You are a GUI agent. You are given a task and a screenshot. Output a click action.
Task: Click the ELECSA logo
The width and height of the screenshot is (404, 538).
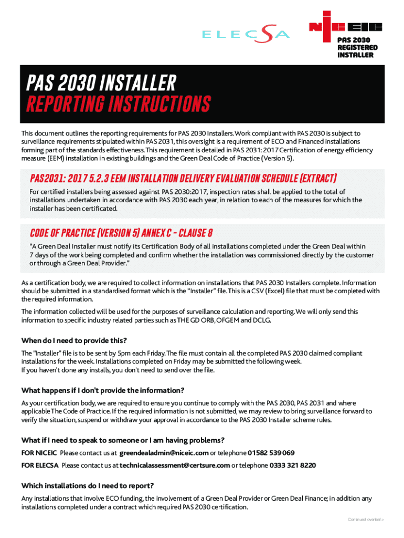point(246,35)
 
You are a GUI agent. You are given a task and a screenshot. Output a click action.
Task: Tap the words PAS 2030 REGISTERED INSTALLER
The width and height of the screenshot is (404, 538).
point(357,47)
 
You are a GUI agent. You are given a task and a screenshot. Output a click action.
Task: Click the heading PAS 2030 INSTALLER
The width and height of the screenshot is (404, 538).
point(102,82)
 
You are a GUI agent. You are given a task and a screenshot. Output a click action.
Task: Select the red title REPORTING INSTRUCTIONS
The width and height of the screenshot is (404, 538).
point(119,104)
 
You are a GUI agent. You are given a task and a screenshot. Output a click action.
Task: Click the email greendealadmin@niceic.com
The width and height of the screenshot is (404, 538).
point(164,453)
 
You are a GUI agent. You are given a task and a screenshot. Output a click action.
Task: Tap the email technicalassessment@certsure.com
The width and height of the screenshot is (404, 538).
point(175,465)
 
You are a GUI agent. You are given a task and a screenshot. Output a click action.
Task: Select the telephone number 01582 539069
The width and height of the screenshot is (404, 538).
point(271,453)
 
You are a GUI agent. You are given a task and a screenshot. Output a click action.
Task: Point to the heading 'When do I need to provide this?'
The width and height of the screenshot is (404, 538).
point(74,340)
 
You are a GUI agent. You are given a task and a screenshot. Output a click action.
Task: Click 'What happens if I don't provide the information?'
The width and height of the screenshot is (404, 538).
point(103,390)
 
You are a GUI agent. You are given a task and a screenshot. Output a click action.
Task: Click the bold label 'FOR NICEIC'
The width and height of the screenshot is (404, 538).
point(39,453)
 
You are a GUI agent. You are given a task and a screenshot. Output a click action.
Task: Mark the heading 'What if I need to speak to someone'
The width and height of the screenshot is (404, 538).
point(123,440)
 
